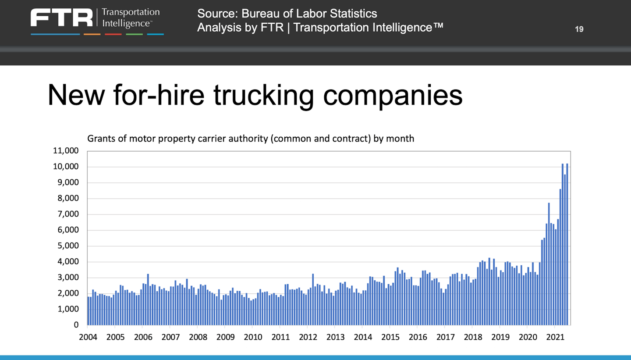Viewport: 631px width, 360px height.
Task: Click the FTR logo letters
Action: [x=61, y=18]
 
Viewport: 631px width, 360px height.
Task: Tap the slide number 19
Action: [x=579, y=29]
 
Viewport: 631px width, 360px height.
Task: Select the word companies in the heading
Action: [x=393, y=95]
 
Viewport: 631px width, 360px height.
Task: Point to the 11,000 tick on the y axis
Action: [x=66, y=151]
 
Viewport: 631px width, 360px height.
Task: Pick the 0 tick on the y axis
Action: [x=76, y=325]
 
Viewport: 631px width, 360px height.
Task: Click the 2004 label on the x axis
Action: [x=88, y=337]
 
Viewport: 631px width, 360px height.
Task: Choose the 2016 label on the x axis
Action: [x=417, y=337]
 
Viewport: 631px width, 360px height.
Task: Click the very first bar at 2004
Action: [x=89, y=311]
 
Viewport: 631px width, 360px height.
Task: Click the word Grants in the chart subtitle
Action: [x=100, y=139]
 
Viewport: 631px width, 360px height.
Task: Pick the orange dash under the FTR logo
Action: [x=92, y=34]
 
